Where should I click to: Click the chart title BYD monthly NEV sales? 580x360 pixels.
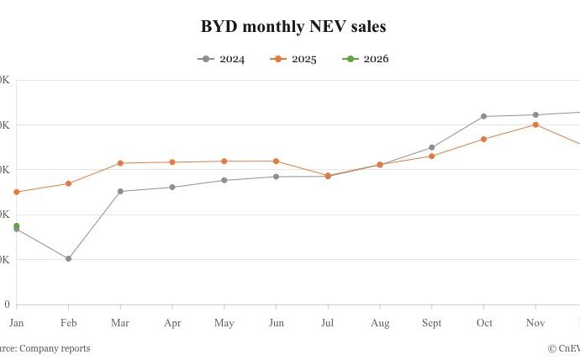[293, 27]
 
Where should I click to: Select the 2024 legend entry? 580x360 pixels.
[222, 59]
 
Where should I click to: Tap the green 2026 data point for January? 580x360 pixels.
[17, 225]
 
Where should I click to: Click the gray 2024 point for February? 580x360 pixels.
[69, 258]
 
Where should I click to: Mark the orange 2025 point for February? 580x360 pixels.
[69, 183]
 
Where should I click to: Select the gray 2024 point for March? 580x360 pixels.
[120, 191]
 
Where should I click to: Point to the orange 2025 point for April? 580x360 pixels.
[172, 161]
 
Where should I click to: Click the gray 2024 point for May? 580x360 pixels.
[224, 180]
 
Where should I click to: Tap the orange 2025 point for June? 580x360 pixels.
[277, 161]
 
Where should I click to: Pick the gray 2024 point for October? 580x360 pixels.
[483, 116]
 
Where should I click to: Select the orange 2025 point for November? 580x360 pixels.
[535, 124]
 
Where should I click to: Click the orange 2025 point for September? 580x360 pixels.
[432, 156]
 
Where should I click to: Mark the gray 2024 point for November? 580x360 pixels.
[535, 114]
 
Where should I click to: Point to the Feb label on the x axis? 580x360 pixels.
[69, 322]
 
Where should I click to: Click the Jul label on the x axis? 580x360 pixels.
[328, 322]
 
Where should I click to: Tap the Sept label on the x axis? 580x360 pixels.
[432, 322]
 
